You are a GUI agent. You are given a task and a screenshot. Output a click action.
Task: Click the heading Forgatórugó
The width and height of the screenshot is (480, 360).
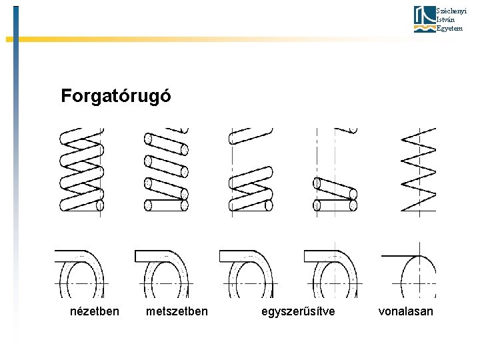point(115,96)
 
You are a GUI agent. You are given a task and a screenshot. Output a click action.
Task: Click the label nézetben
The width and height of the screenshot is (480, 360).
point(95,311)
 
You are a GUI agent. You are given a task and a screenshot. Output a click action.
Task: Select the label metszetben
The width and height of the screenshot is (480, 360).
point(177,311)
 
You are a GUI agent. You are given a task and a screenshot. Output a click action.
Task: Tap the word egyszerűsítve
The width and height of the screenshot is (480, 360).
point(298,311)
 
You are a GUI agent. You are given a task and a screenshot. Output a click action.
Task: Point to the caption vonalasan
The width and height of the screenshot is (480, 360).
point(405,311)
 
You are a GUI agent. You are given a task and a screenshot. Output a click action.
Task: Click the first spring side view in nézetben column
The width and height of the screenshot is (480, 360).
point(82,170)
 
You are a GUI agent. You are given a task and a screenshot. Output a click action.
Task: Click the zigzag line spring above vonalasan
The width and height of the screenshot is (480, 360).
point(418,170)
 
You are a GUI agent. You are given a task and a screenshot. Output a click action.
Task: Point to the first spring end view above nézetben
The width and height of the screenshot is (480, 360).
point(80,273)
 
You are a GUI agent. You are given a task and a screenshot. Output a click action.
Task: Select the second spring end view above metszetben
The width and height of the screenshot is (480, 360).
point(163,273)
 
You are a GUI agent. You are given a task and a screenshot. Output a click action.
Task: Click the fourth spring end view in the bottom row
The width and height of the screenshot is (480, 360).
point(332,273)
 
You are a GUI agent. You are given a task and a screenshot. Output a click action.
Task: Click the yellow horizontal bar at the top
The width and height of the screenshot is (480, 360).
point(200,39)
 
